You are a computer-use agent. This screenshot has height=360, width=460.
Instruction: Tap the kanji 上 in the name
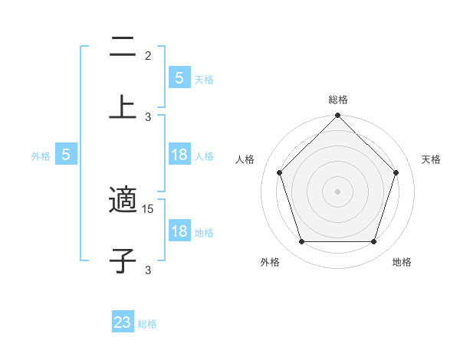[123, 107]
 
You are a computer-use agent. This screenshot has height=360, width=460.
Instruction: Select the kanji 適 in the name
[123, 201]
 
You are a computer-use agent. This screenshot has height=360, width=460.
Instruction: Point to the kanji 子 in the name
[123, 260]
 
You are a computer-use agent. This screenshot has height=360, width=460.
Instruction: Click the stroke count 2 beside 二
[148, 56]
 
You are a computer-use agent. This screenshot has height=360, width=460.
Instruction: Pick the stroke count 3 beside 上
[148, 116]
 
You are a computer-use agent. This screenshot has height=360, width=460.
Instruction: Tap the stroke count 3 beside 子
[148, 270]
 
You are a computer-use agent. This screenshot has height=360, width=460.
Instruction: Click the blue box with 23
[123, 322]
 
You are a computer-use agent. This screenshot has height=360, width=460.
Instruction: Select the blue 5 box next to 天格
[179, 78]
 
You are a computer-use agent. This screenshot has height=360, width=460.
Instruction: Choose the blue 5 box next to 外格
[66, 155]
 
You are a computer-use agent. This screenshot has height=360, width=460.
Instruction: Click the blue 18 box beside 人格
[179, 155]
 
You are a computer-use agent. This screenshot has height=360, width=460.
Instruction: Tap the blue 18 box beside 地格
[179, 231]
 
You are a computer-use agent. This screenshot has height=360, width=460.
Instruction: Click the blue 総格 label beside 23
[147, 324]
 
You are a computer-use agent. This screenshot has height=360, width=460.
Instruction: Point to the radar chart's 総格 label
[338, 100]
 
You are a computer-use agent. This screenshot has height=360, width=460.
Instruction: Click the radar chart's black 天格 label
[432, 159]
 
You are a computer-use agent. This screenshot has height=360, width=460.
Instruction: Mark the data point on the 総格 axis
[338, 116]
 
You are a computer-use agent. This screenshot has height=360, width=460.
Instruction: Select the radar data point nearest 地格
[373, 241]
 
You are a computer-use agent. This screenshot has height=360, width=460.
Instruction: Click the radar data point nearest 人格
[279, 172]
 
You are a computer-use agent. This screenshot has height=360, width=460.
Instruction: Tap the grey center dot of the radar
[338, 191]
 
